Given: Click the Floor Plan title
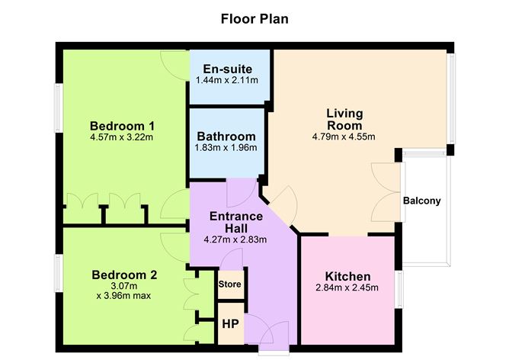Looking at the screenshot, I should click(254, 18).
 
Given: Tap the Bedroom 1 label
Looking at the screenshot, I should click(122, 126).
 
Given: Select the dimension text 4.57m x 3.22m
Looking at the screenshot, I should click(122, 138).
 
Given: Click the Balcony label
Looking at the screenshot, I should click(422, 201).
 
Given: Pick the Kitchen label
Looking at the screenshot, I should click(347, 276).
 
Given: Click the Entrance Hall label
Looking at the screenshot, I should click(236, 222).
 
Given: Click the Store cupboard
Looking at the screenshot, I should click(229, 284).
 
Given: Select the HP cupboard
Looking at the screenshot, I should click(229, 323).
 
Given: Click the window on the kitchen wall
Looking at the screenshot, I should click(399, 291).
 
